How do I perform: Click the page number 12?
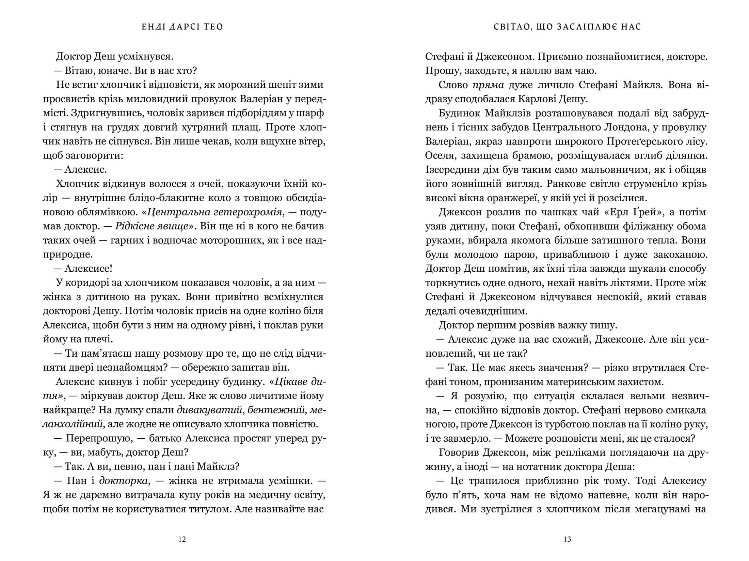[x=182, y=539]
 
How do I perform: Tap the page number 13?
[x=567, y=539]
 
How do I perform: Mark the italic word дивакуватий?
[x=209, y=410]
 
